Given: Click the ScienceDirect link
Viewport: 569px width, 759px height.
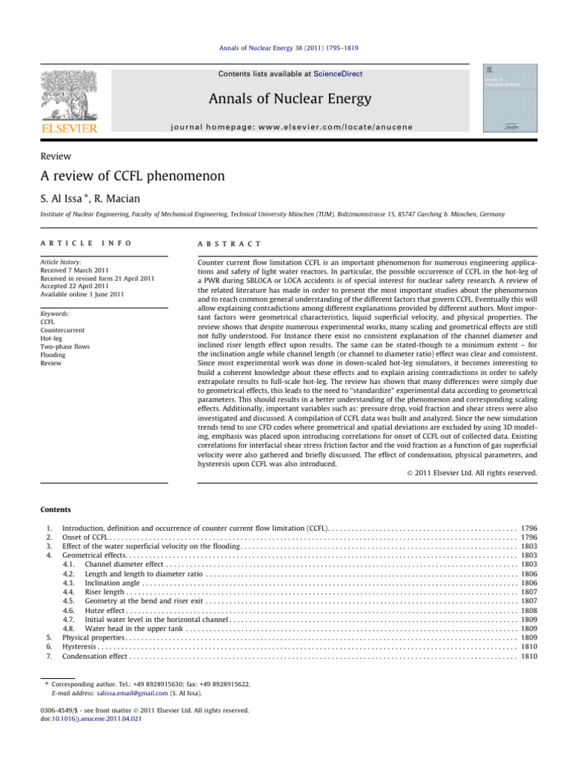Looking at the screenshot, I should pos(338,74).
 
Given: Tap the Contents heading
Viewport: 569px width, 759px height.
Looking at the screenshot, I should pos(56,510).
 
